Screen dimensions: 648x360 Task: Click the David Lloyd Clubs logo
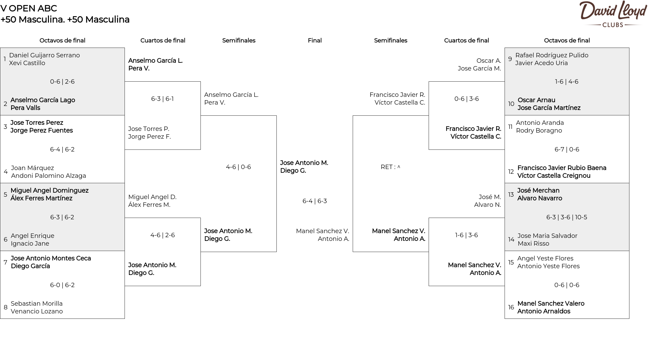coord(613,14)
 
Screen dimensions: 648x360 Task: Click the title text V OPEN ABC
coord(29,8)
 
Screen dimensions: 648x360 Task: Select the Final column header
coord(315,40)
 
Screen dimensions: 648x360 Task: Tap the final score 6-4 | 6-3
coord(315,201)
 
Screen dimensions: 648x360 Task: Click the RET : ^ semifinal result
coord(390,167)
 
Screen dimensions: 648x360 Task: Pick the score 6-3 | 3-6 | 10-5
coord(567,217)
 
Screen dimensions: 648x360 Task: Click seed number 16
coord(511,307)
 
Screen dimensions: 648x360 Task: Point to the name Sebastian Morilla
coord(37,304)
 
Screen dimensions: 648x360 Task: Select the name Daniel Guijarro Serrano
coord(45,55)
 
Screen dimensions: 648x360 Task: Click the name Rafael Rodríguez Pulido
coord(552,55)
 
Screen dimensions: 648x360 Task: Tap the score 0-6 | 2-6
coord(62,82)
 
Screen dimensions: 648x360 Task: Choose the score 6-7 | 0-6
coord(567,149)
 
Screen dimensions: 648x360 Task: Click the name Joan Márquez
coord(32,168)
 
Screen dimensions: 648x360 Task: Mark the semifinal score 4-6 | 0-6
coord(239,167)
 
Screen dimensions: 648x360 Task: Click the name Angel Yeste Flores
coord(545,258)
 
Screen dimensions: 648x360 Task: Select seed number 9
coord(510,59)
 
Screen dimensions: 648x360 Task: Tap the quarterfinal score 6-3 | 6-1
coord(162,99)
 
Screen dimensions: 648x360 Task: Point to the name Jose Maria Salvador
coord(547,236)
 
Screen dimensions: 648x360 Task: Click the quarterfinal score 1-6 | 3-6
coord(466,235)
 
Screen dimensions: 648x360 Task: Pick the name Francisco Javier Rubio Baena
coord(562,168)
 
